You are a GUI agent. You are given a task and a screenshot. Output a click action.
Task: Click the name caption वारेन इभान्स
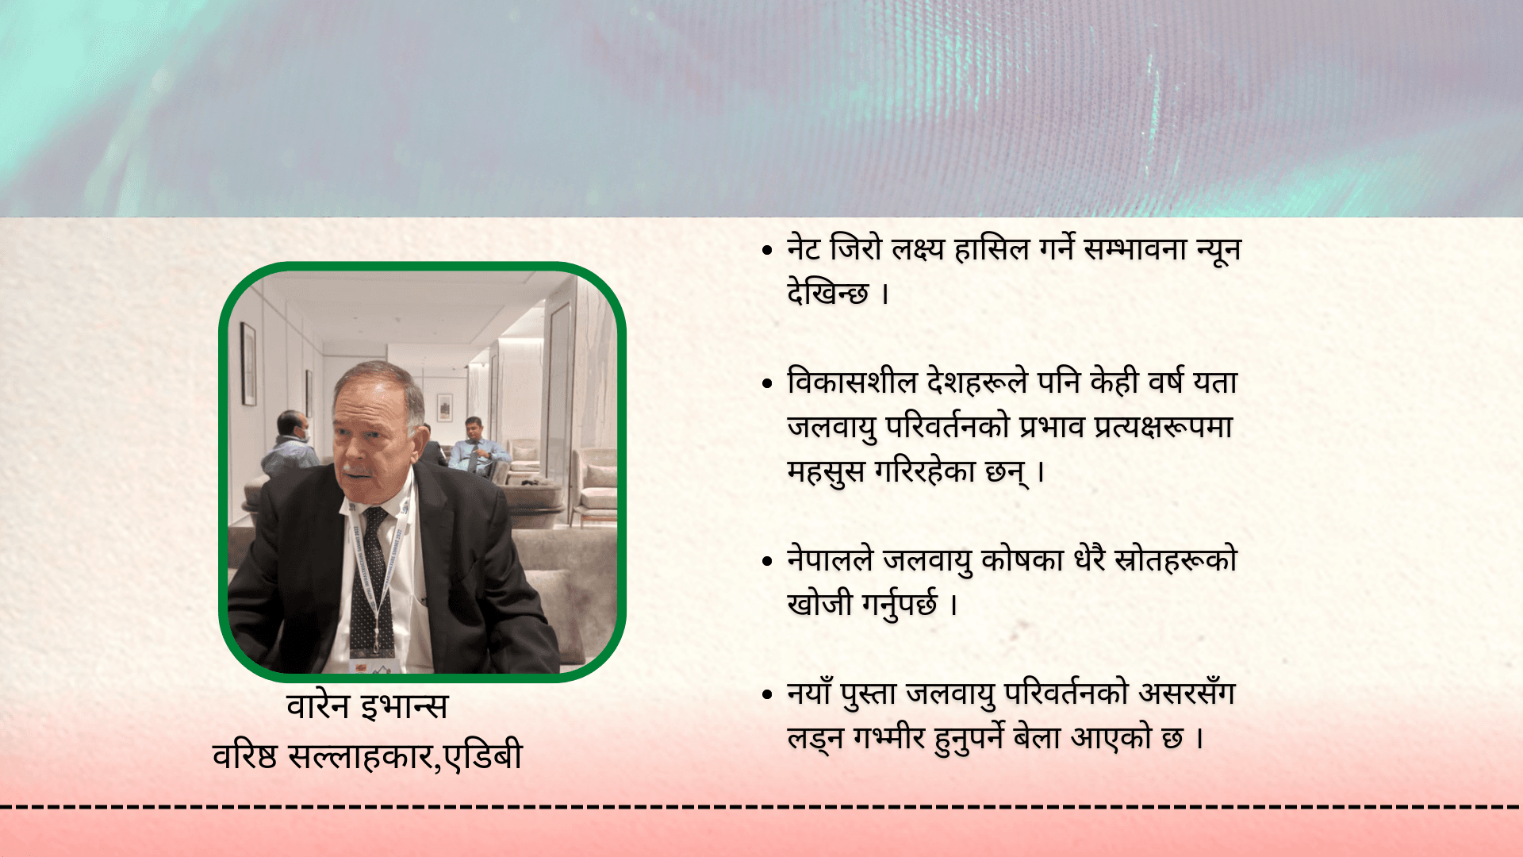point(367,705)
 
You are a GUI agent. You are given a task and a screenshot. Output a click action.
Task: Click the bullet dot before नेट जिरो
point(766,250)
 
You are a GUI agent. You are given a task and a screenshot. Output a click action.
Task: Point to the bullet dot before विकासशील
point(766,383)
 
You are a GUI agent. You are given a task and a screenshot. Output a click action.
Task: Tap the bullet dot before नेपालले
point(766,561)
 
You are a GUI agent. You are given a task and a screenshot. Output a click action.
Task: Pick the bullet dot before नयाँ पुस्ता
point(766,694)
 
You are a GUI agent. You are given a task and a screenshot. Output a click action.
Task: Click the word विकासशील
point(852,382)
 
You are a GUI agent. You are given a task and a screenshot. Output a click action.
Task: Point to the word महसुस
point(826,471)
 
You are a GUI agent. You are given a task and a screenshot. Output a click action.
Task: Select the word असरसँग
point(1187,693)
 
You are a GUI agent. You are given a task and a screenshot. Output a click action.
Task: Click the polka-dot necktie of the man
point(371,579)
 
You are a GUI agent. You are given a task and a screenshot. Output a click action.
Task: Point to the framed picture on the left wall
point(248,363)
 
